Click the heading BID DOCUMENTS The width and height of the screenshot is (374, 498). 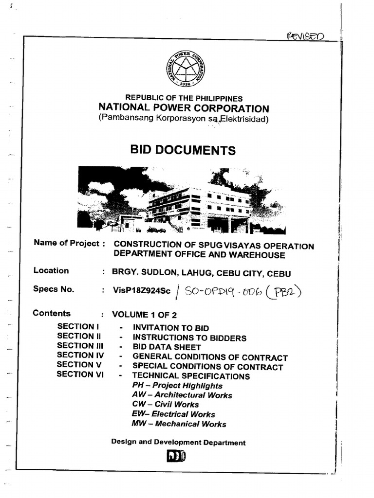(183, 150)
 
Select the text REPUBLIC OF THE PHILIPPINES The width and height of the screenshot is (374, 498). (184, 98)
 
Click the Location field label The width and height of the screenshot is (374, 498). (51, 271)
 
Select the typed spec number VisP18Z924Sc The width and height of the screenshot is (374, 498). (142, 290)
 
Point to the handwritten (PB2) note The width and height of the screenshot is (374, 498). (286, 292)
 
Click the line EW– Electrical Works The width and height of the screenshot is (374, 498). (173, 414)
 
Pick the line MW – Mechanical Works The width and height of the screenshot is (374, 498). (179, 424)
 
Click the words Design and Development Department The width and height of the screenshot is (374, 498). (178, 443)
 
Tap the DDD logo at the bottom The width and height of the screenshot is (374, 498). (178, 458)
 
